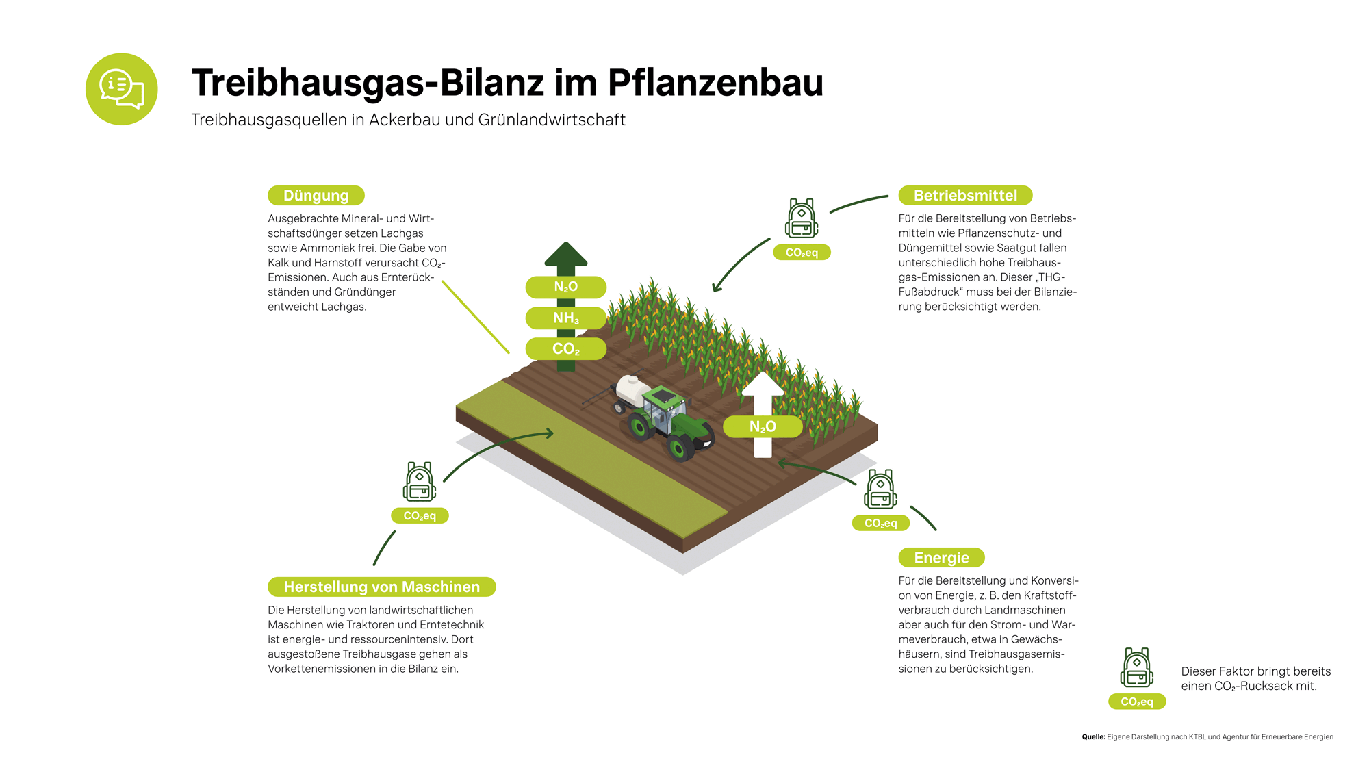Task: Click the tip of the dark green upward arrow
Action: tap(566, 242)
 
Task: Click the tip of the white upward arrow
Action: tap(763, 372)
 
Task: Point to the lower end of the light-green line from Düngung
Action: tap(509, 353)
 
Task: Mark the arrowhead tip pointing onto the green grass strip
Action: tap(553, 433)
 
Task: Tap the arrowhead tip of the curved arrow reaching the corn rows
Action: tap(714, 292)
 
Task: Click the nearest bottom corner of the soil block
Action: tap(682, 553)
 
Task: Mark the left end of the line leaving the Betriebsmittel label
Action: tap(830, 212)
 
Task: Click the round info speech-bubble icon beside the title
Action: tap(122, 89)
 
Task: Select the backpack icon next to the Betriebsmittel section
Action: tap(802, 218)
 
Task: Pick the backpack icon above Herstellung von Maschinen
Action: tap(420, 482)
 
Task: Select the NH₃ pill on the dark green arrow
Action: tap(566, 318)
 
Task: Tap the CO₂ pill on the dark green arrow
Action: tap(566, 349)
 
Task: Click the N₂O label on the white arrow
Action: tap(763, 427)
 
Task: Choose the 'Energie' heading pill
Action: tap(941, 558)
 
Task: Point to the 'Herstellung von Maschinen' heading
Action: tap(382, 587)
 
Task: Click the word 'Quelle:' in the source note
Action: tap(1093, 737)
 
